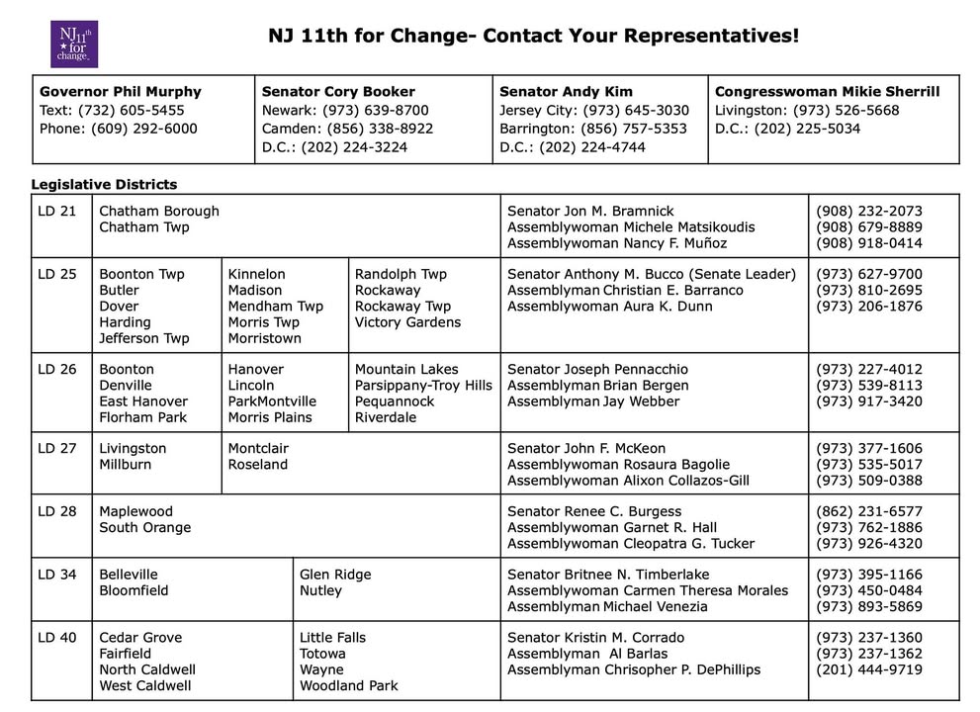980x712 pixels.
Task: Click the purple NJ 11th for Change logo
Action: click(x=73, y=44)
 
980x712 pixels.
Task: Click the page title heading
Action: click(x=534, y=37)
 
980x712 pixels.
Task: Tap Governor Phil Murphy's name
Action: click(x=120, y=92)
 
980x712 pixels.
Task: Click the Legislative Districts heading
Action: click(x=104, y=185)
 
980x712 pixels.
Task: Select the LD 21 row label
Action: click(x=57, y=212)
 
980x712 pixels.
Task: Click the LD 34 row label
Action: click(x=57, y=575)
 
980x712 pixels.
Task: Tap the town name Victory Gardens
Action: click(x=407, y=322)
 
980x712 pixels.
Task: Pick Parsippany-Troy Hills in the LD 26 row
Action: click(x=423, y=386)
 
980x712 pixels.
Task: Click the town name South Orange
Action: click(x=144, y=528)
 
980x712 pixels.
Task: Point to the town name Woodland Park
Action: click(x=349, y=685)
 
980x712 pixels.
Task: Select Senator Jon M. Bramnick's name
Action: click(x=590, y=212)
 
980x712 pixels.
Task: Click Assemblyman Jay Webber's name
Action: click(x=593, y=401)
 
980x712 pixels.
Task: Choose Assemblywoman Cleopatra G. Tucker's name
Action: click(x=631, y=544)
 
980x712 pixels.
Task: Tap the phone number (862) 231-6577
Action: click(x=869, y=512)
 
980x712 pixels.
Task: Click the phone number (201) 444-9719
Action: click(x=869, y=669)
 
